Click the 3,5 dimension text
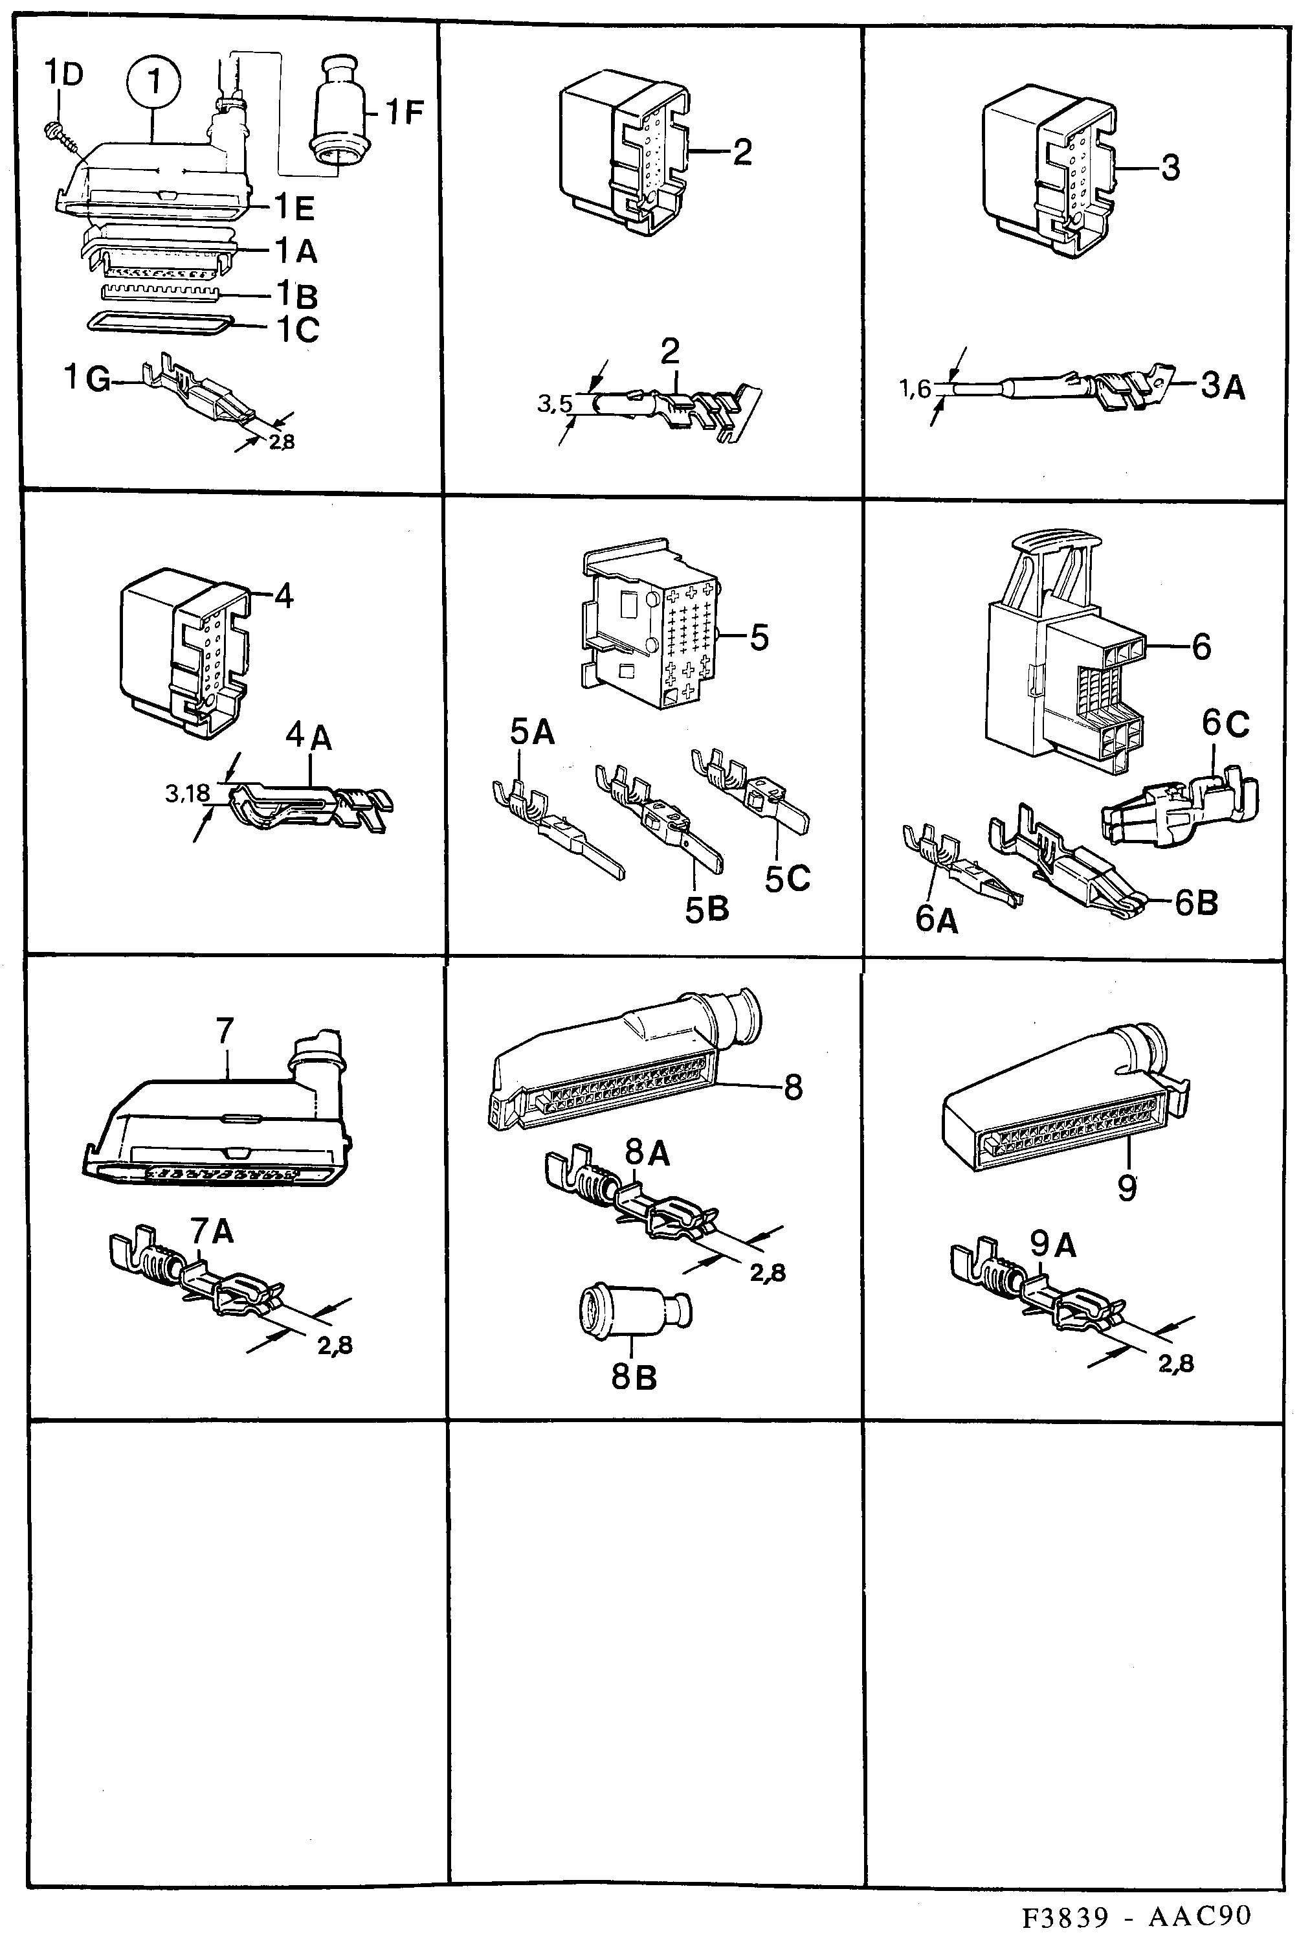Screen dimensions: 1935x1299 (x=554, y=403)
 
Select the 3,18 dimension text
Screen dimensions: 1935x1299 (x=187, y=794)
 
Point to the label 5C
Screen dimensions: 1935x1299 (x=786, y=878)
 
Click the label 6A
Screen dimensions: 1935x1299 (x=936, y=919)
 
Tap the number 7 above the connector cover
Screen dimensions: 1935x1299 (x=225, y=1032)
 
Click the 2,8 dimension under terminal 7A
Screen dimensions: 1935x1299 (x=335, y=1346)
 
